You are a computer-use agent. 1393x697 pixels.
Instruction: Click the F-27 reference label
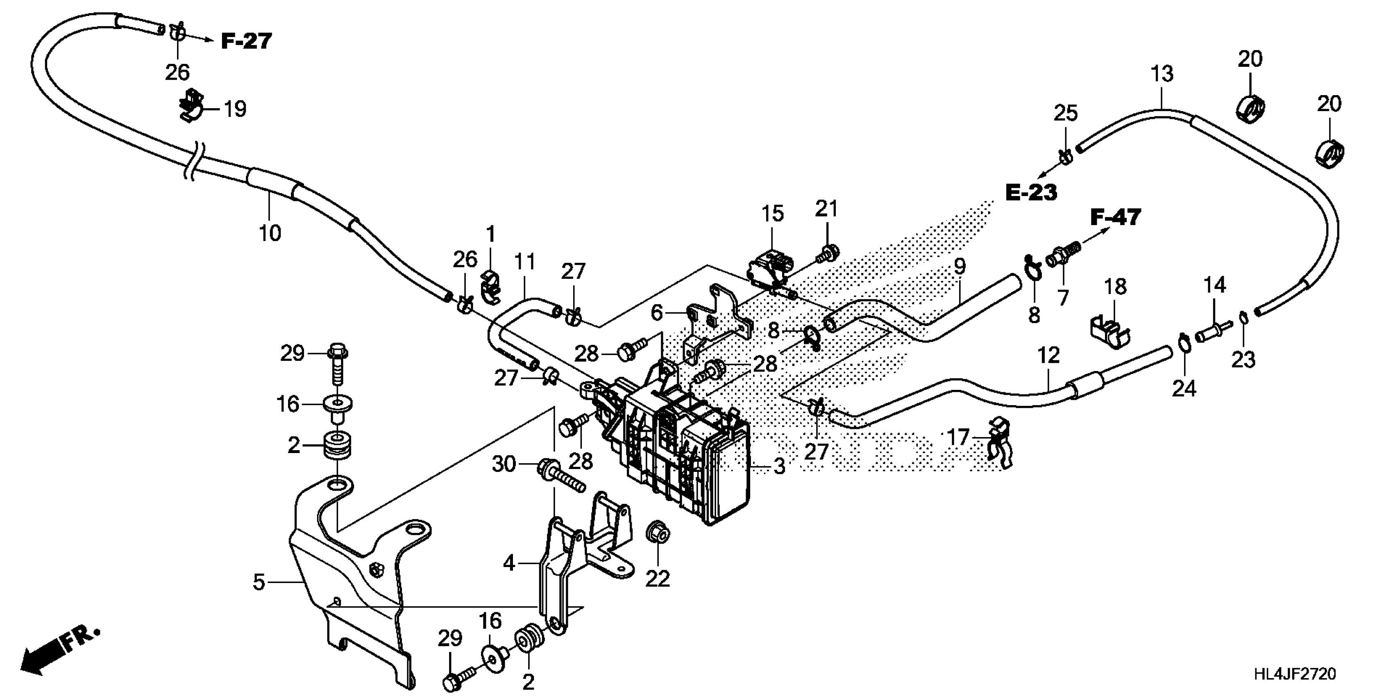coord(246,41)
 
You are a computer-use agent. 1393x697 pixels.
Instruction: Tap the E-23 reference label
coord(1031,192)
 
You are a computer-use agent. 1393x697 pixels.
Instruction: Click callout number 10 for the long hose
coord(270,233)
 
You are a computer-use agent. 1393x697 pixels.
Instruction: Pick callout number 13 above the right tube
coord(1162,74)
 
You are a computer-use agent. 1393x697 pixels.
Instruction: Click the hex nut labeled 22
coord(658,534)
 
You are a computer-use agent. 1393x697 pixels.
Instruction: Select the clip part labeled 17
coord(998,442)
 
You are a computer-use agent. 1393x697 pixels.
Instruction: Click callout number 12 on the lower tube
coord(1048,355)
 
